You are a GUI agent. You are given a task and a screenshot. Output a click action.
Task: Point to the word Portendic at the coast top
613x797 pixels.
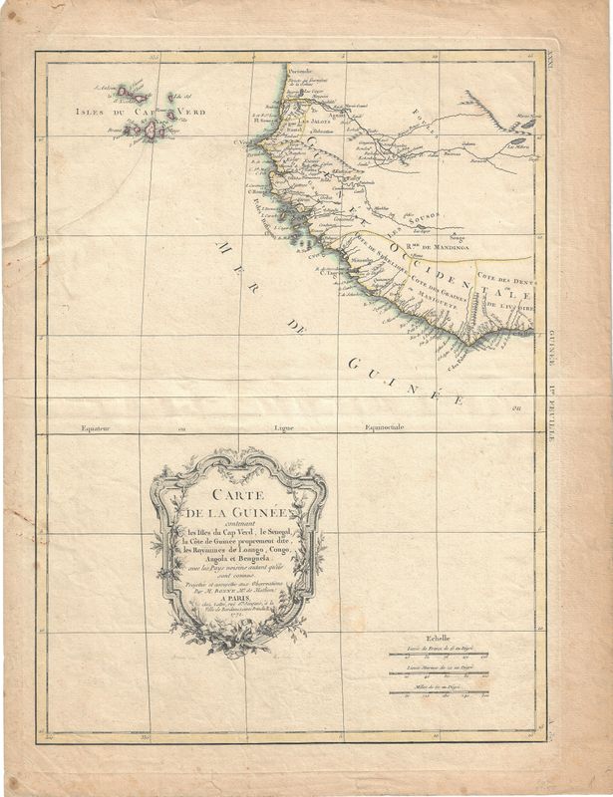point(301,73)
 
